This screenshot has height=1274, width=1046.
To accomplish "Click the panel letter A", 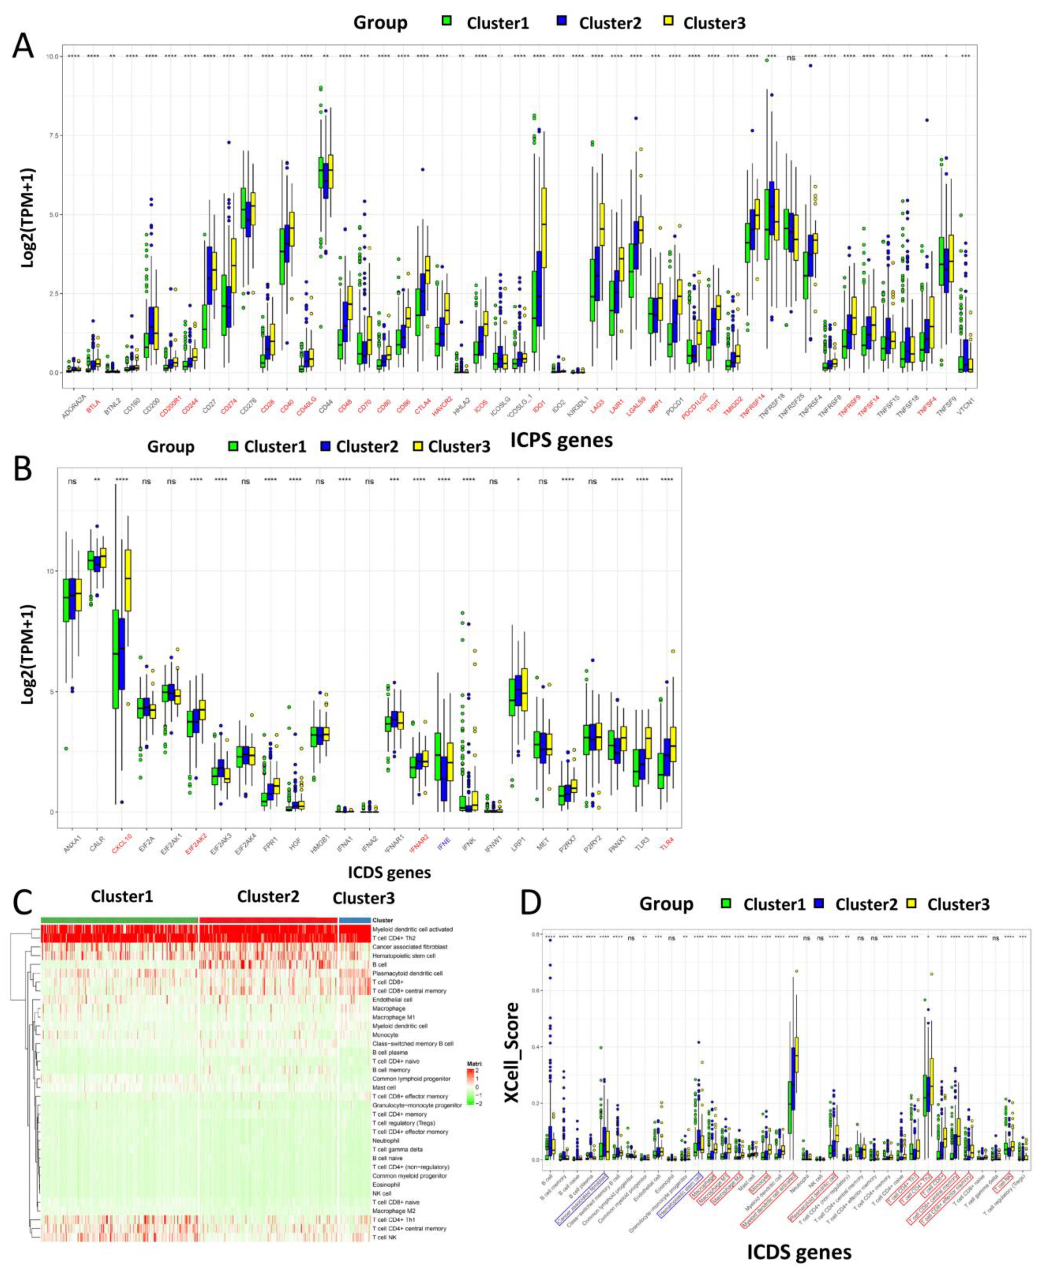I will [x=23, y=46].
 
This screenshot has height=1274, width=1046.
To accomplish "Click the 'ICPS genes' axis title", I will [x=561, y=440].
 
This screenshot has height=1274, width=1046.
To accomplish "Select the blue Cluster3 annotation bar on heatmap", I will [x=354, y=920].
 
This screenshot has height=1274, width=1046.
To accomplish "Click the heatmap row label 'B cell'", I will [x=381, y=964].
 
